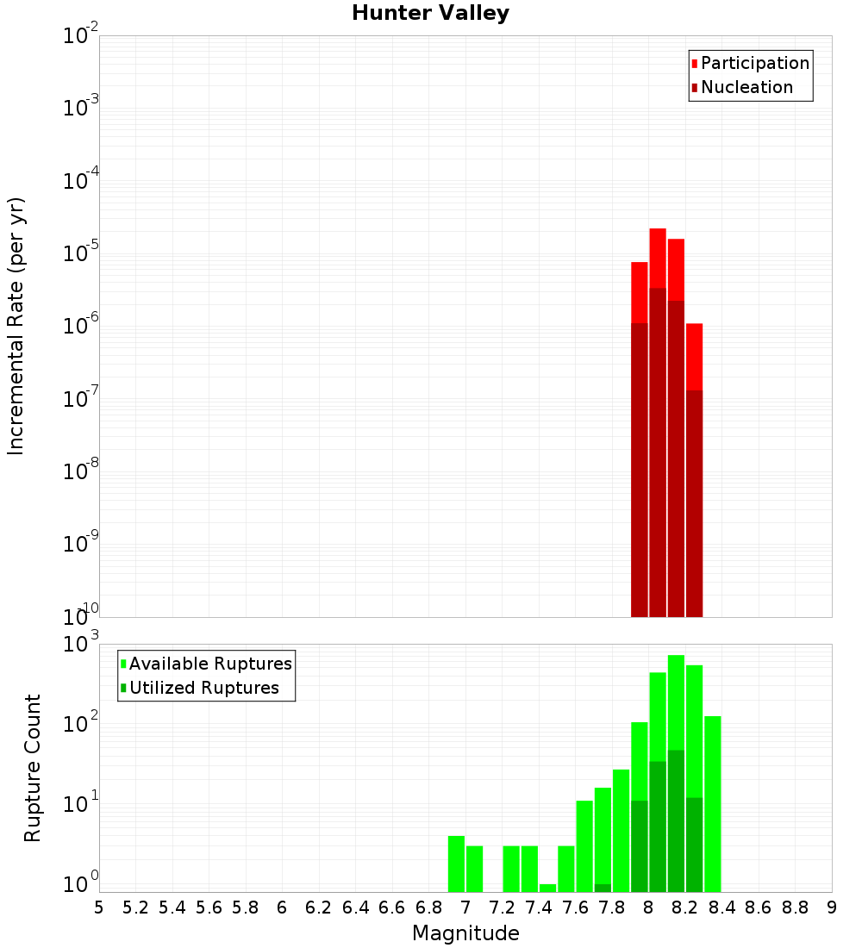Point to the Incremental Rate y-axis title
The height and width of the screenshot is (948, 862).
pyautogui.click(x=16, y=326)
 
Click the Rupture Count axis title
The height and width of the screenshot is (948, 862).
pyautogui.click(x=33, y=767)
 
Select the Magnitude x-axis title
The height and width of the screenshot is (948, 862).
pyautogui.click(x=465, y=933)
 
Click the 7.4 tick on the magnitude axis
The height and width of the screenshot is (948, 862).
pyautogui.click(x=539, y=907)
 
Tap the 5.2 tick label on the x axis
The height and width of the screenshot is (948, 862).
pyautogui.click(x=135, y=907)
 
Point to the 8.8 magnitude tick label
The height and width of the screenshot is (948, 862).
pyautogui.click(x=795, y=907)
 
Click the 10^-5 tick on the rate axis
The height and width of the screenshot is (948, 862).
pyautogui.click(x=81, y=253)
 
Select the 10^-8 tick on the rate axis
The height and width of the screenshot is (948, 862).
pyautogui.click(x=81, y=471)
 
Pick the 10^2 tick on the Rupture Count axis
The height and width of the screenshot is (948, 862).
pyautogui.click(x=81, y=723)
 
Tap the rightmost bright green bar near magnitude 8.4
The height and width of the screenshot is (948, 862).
pyautogui.click(x=713, y=801)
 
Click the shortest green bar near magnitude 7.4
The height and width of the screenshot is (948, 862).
pyautogui.click(x=547, y=888)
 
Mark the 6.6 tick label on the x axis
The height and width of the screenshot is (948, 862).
pyautogui.click(x=392, y=907)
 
